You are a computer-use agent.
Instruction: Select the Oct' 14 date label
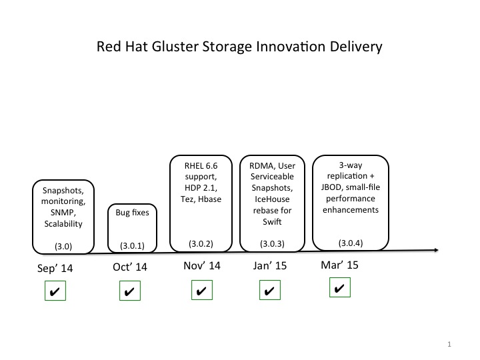[129, 267]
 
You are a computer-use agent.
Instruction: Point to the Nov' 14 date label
[201, 265]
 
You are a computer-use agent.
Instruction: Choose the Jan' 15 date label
[270, 265]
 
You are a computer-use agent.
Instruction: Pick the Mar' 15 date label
[339, 265]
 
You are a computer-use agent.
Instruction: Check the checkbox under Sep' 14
[55, 291]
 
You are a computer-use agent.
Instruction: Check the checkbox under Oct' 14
[130, 291]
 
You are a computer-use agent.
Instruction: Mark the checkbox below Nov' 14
[201, 291]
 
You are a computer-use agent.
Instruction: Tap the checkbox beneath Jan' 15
[270, 291]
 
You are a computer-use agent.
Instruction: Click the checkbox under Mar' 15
[340, 288]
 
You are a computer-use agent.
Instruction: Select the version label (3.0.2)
[201, 243]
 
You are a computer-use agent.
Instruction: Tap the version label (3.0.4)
[351, 243]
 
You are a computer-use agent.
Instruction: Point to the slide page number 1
[450, 345]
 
